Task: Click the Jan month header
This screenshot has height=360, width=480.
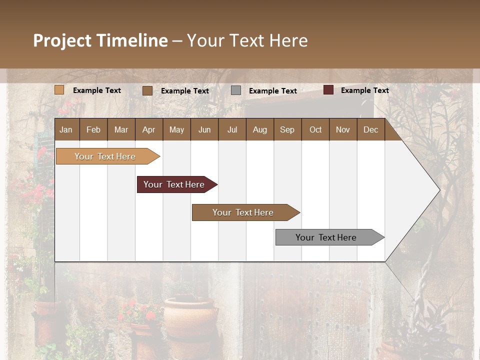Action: pos(66,129)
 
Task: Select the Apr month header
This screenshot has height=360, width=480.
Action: pos(149,129)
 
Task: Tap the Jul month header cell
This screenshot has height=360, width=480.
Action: pos(232,129)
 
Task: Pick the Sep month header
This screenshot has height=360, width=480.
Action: pos(287,129)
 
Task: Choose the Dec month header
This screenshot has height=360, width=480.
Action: pos(370,129)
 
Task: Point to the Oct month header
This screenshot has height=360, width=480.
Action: pos(315,129)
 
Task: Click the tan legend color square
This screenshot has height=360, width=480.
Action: pos(59,90)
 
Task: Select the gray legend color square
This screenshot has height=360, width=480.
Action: pos(236,90)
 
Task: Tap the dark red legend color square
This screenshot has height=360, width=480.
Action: pos(328,90)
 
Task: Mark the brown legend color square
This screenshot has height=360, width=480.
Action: pos(147,90)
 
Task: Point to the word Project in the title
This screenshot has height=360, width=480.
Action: pos(62,40)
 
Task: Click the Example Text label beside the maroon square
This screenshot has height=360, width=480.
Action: pos(364,90)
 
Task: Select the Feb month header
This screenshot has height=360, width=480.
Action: pos(93,129)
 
